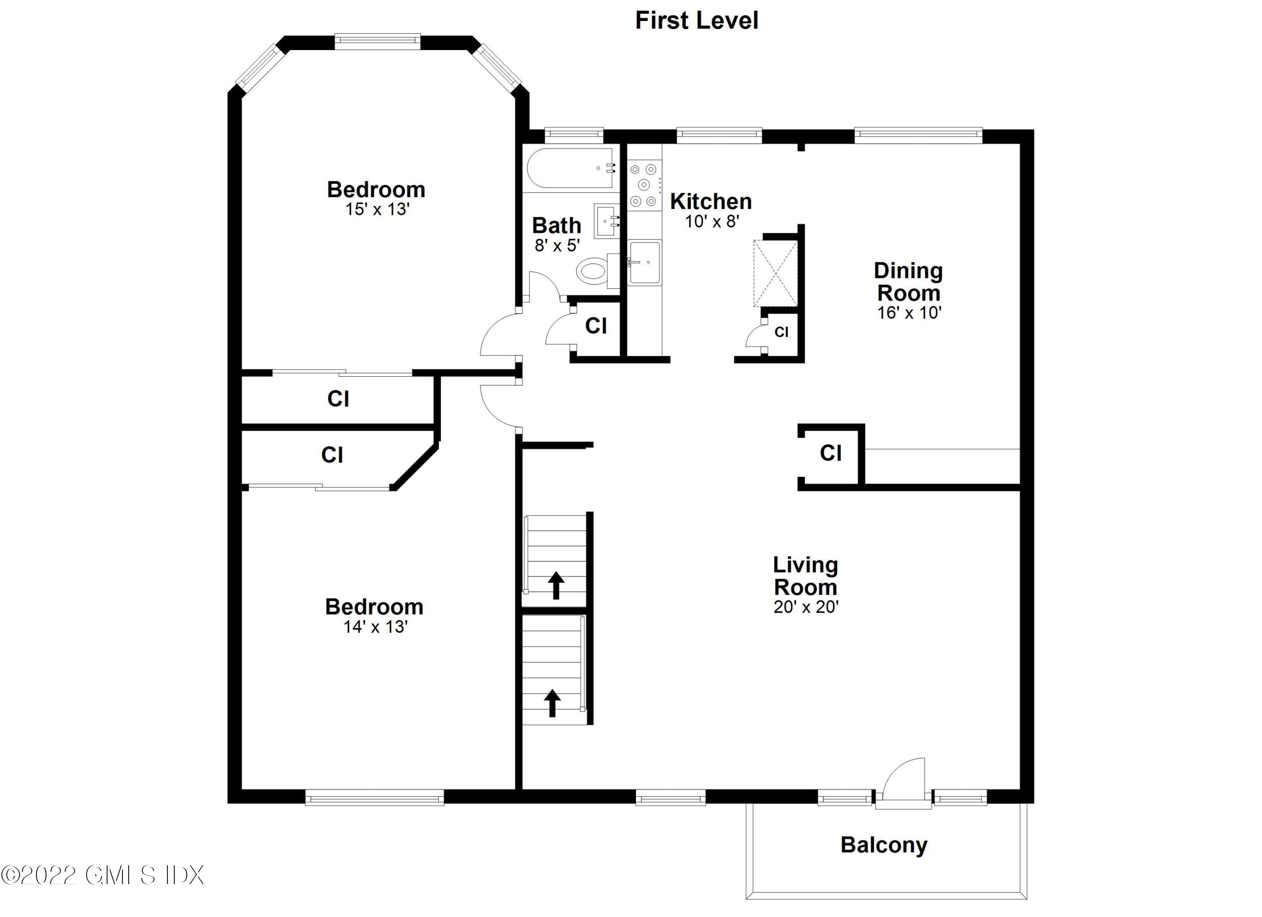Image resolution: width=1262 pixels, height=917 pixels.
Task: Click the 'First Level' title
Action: point(696,21)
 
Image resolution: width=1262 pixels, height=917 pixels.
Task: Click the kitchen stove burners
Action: point(644,185)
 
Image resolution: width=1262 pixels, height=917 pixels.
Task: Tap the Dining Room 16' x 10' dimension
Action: point(908,313)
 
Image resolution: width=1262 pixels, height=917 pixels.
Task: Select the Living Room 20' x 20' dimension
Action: point(805,607)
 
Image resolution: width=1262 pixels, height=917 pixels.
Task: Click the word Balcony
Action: point(884,845)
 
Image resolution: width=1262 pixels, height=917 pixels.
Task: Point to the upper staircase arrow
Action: point(556,585)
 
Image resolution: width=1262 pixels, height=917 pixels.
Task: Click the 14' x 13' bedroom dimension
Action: point(375,627)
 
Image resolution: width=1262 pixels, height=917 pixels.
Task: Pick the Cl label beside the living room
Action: point(830,453)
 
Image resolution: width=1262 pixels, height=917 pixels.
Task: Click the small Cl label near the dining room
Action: point(781,333)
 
